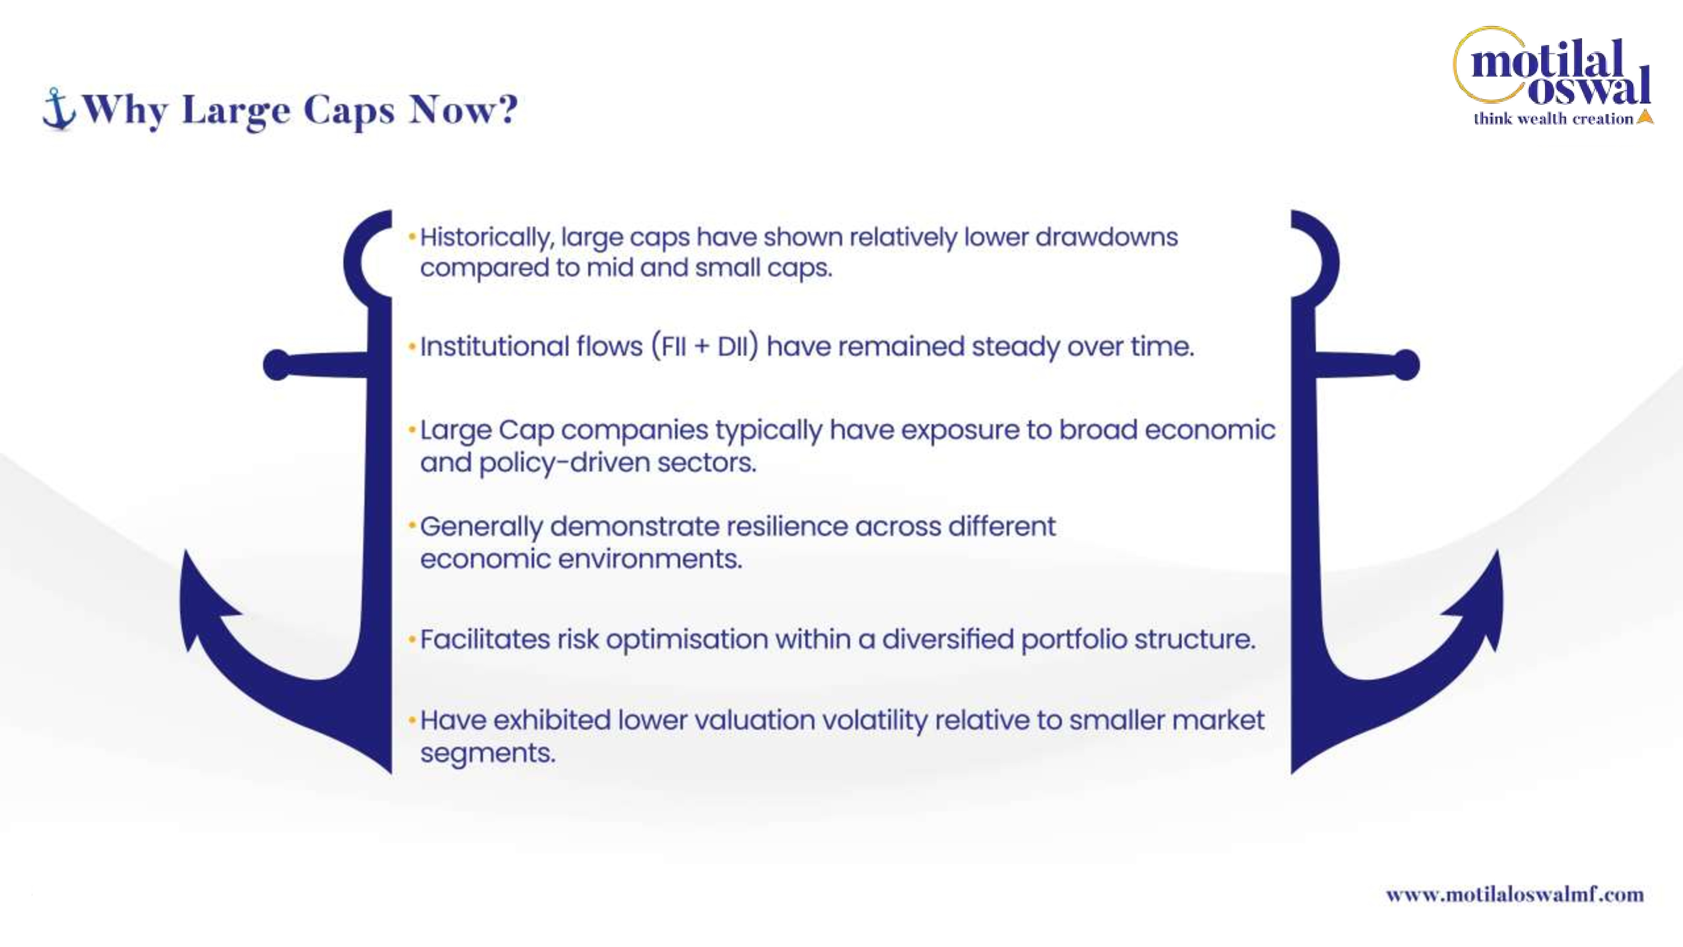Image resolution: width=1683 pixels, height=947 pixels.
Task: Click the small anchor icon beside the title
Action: click(59, 109)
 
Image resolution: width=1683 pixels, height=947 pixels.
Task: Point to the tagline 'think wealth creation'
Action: click(1553, 118)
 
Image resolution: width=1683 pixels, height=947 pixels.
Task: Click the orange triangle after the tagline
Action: click(1645, 117)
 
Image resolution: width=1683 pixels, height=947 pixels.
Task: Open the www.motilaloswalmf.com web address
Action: click(1514, 894)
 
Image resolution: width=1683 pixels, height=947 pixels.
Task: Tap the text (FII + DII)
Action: click(705, 346)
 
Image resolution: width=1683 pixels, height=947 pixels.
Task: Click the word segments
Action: click(487, 753)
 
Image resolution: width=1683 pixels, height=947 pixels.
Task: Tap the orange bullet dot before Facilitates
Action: click(412, 640)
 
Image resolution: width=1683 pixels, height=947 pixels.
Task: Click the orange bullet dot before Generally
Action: click(412, 525)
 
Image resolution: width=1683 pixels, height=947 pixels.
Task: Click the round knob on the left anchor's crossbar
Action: click(277, 364)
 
